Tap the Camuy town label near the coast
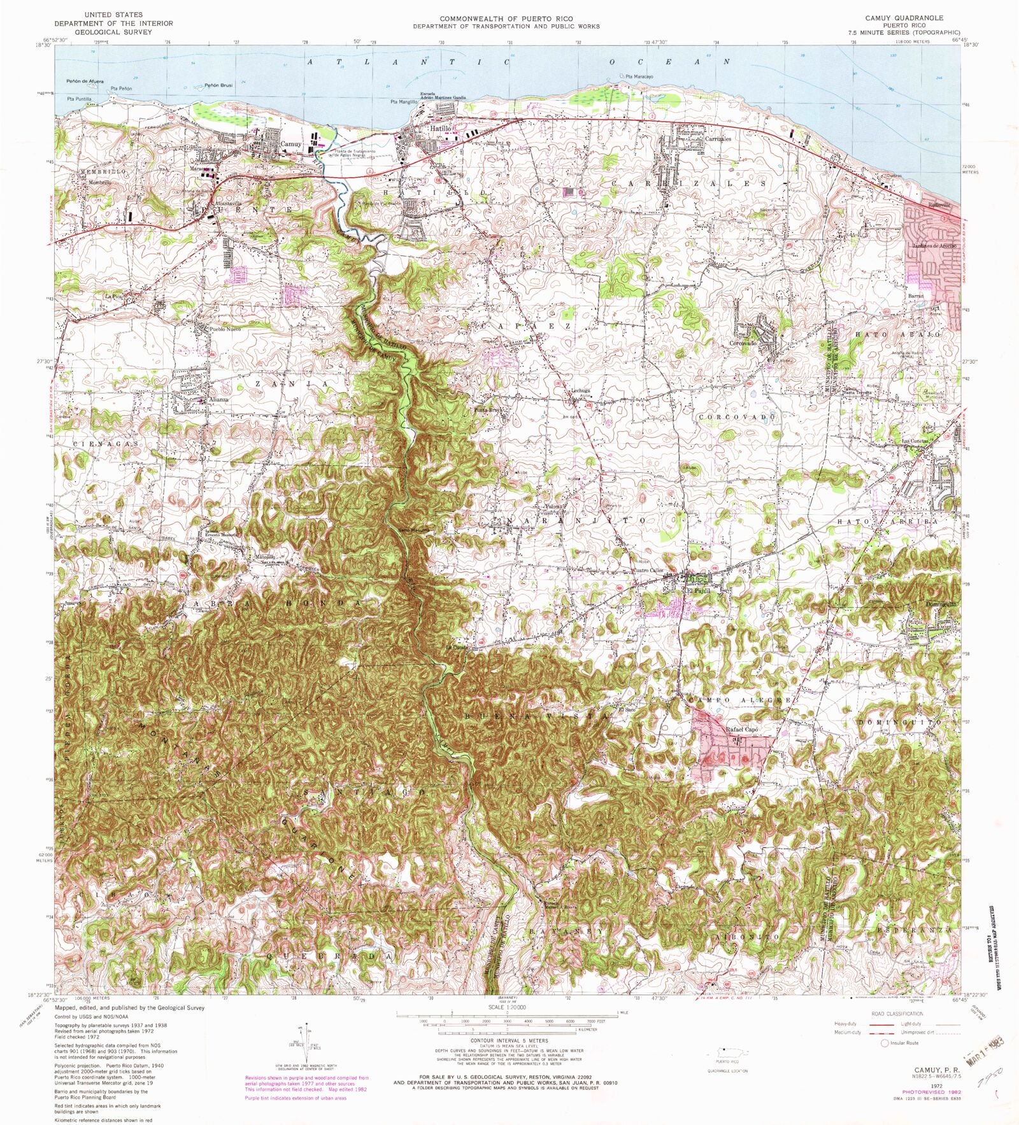click(x=290, y=145)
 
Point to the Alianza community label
click(x=218, y=399)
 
